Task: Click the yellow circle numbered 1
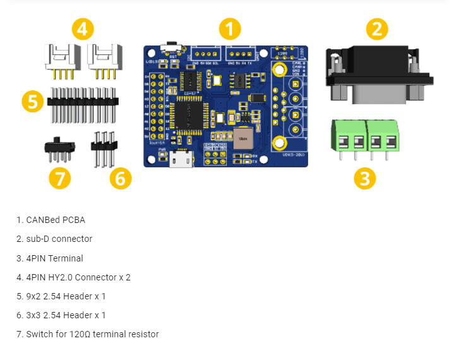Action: (x=230, y=29)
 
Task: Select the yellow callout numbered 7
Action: (x=59, y=178)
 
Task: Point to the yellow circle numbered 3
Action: (x=364, y=178)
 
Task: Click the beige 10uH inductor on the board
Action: (x=242, y=138)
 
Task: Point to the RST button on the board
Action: (x=170, y=48)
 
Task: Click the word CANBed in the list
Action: (x=42, y=220)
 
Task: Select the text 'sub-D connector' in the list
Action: (x=59, y=239)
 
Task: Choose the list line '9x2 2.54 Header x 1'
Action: (x=61, y=296)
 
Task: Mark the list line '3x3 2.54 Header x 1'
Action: (x=61, y=315)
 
